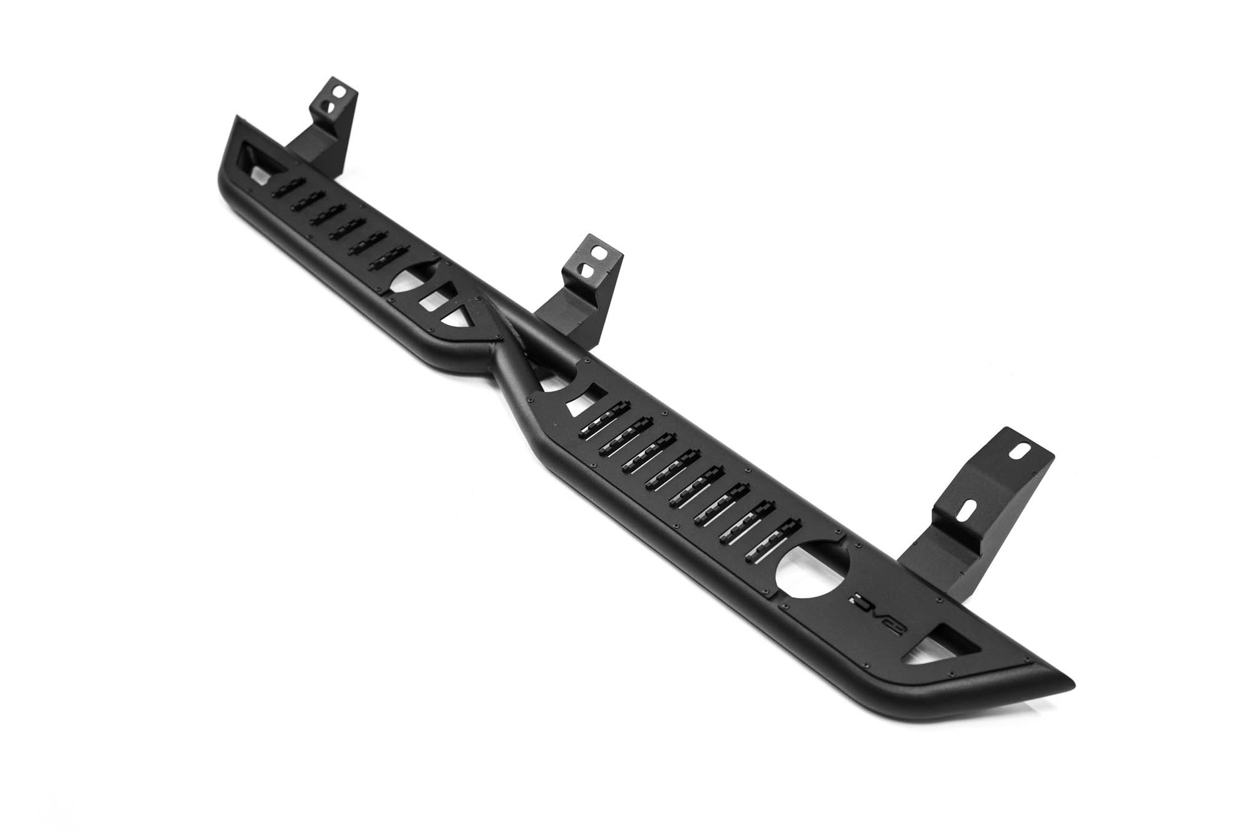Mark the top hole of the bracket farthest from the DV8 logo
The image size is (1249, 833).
coord(339,91)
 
